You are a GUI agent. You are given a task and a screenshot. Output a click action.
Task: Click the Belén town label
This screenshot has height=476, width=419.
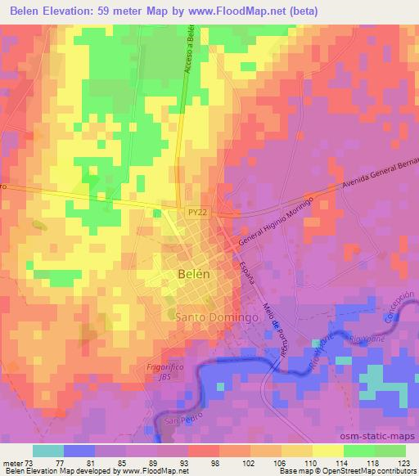pyautogui.click(x=195, y=275)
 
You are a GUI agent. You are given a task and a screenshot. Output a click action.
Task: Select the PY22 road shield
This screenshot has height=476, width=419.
pyautogui.click(x=191, y=211)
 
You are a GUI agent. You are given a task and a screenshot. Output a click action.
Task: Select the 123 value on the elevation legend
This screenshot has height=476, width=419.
pyautogui.click(x=404, y=462)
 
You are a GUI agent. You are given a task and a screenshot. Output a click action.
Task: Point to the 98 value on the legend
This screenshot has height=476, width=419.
pyautogui.click(x=192, y=462)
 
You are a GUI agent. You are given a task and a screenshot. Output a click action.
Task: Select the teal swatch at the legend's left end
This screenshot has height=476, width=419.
pyautogui.click(x=48, y=451)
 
